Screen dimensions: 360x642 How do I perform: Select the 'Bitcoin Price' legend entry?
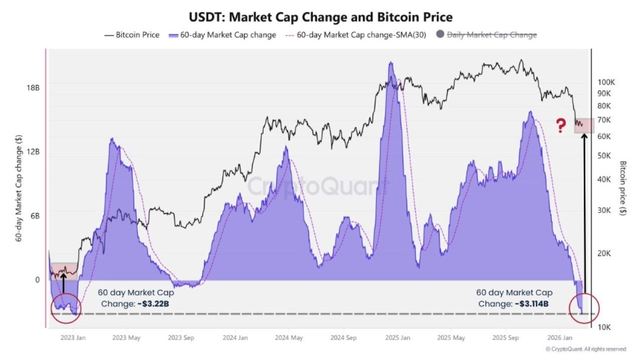click(134, 34)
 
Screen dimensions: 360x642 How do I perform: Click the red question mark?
click(561, 125)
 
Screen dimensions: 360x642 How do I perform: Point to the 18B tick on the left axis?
click(34, 87)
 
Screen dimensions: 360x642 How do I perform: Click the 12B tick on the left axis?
click(34, 152)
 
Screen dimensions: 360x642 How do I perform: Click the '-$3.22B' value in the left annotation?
click(158, 304)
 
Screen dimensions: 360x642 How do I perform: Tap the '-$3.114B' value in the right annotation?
click(532, 304)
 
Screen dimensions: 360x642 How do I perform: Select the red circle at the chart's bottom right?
click(583, 308)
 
